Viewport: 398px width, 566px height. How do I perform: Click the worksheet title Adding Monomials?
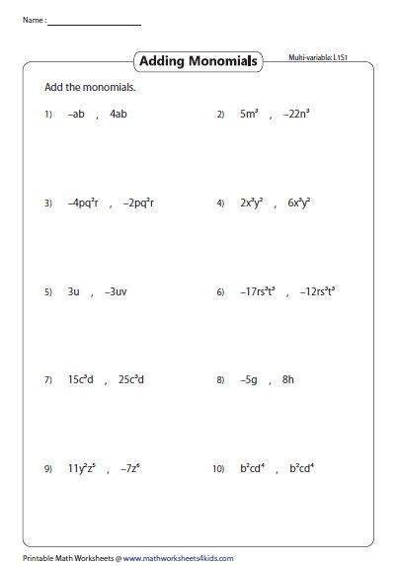[x=199, y=61]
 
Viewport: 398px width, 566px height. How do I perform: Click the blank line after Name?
[x=94, y=22]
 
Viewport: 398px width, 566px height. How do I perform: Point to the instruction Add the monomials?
[x=90, y=88]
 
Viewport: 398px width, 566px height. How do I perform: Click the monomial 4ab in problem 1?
[x=119, y=114]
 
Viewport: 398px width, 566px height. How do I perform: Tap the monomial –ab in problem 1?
[x=76, y=114]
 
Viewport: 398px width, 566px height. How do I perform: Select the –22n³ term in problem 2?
[x=295, y=114]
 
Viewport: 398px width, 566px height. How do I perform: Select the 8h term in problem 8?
[x=287, y=379]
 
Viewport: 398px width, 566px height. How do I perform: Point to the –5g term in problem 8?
[x=250, y=379]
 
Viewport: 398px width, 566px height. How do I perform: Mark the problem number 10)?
[x=220, y=469]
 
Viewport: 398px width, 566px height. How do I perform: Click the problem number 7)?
[x=47, y=380]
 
